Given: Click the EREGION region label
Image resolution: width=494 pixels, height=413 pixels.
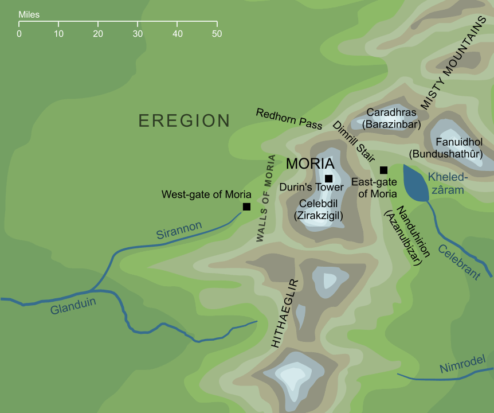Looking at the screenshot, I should (184, 121).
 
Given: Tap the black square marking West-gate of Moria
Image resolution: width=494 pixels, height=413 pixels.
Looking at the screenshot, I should (246, 206).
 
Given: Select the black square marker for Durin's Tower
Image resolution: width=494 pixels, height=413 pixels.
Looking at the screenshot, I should (328, 178).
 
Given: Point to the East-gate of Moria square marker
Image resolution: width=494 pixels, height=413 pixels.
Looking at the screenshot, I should (383, 170).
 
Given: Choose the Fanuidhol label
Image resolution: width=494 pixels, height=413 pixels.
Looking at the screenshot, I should (459, 142).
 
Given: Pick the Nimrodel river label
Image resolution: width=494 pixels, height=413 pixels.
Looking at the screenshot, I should (462, 365).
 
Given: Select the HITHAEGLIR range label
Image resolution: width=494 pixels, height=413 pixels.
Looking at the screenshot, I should (283, 313).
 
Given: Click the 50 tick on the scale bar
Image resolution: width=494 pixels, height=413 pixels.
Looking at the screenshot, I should (217, 25).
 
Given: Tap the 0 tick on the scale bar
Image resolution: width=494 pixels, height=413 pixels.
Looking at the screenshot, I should (19, 25).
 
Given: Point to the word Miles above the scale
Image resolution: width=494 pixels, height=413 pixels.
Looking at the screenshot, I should (29, 14).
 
